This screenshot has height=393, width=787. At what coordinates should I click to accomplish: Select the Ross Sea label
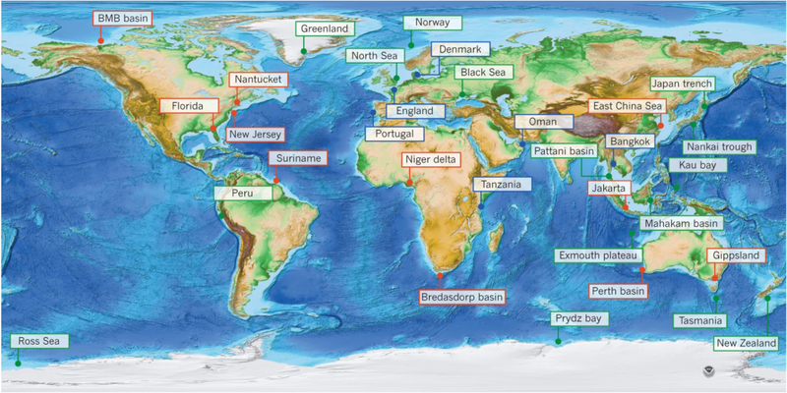(40, 341)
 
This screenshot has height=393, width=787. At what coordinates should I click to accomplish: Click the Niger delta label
(430, 160)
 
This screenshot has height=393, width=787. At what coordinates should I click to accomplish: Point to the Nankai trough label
(720, 147)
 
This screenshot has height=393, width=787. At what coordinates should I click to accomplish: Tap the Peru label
(242, 195)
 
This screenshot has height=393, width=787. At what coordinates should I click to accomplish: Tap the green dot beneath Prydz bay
(557, 342)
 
